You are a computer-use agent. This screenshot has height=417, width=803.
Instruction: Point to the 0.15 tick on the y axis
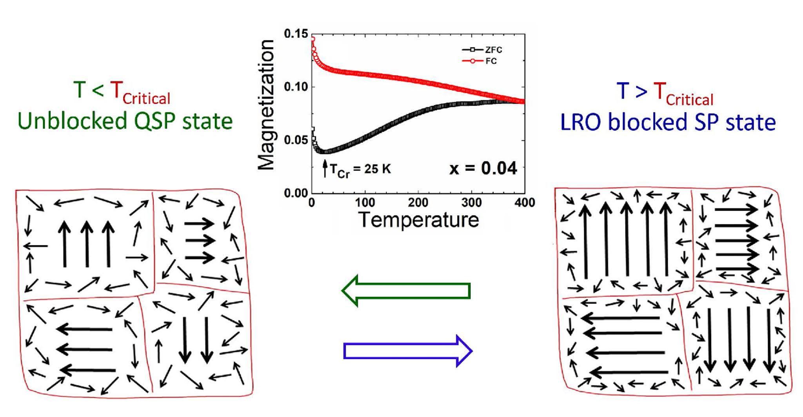pyautogui.click(x=296, y=34)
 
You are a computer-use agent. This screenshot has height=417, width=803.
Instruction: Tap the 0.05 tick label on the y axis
pyautogui.click(x=296, y=140)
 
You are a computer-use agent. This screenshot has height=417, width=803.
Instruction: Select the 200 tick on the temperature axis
pyautogui.click(x=418, y=203)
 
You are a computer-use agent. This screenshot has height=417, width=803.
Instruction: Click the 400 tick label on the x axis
pyautogui.click(x=525, y=203)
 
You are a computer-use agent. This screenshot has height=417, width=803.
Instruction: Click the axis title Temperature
pyautogui.click(x=418, y=220)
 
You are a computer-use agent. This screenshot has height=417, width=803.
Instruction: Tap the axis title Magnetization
pyautogui.click(x=266, y=105)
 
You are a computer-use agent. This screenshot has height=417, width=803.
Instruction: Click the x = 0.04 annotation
pyautogui.click(x=483, y=169)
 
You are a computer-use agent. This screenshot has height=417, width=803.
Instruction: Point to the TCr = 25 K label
pyautogui.click(x=360, y=170)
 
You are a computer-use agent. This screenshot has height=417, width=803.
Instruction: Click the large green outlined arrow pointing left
pyautogui.click(x=406, y=291)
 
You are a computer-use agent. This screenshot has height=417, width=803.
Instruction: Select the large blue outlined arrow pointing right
pyautogui.click(x=408, y=351)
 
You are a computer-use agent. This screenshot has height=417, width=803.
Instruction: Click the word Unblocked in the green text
pyautogui.click(x=73, y=121)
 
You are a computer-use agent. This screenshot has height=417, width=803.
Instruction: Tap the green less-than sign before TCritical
pyautogui.click(x=98, y=91)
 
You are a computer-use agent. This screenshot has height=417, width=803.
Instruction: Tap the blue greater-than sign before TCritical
pyautogui.click(x=641, y=91)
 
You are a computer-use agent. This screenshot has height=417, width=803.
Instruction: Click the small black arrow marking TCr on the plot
pyautogui.click(x=325, y=168)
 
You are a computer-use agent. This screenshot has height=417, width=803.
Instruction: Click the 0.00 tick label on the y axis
pyautogui.click(x=296, y=193)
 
